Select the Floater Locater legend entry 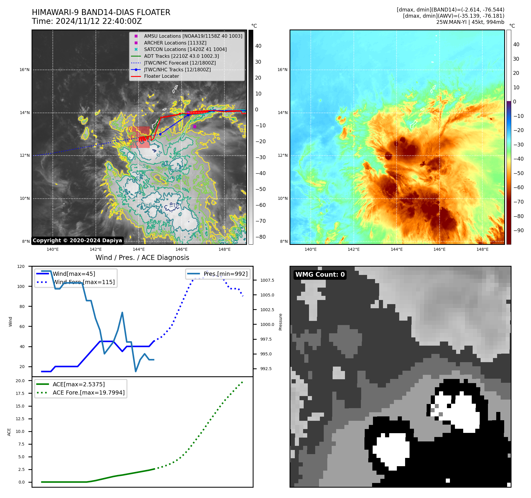[x=161, y=76]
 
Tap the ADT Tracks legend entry [x=181, y=56]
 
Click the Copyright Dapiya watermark [x=77, y=240]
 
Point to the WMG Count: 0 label [x=320, y=275]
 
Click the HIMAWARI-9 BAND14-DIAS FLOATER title [x=101, y=12]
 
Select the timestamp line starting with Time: [x=87, y=21]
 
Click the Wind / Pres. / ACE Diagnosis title [x=142, y=258]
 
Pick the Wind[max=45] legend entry [x=74, y=274]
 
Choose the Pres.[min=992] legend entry [x=226, y=274]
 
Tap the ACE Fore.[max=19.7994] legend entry [x=88, y=393]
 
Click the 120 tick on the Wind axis [x=21, y=266]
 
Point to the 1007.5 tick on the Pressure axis [x=267, y=280]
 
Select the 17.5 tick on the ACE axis [x=20, y=393]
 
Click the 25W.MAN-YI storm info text [x=470, y=22]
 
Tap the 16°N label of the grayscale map [x=24, y=70]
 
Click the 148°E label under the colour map [x=482, y=250]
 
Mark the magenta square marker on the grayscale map [x=195, y=126]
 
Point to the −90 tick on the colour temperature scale [x=518, y=230]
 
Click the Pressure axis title [x=280, y=322]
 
